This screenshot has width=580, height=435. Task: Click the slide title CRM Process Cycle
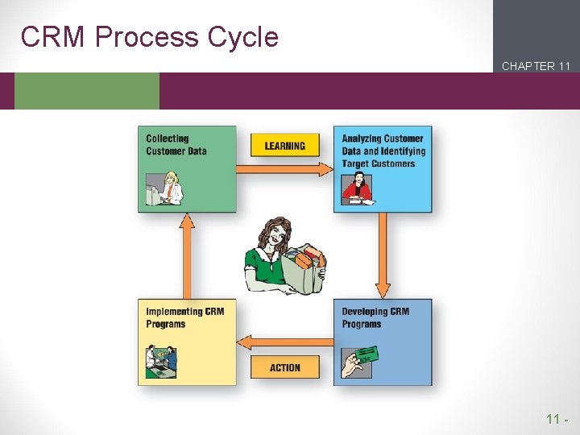150,37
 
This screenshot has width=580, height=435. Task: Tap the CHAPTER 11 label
536,66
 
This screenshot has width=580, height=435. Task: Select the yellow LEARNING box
285,145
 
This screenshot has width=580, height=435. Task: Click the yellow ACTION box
285,367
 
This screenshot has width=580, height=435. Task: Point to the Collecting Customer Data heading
176,145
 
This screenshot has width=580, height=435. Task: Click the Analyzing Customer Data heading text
383,151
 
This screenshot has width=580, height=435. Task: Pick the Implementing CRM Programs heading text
184,317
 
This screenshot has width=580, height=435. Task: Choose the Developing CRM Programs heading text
375,317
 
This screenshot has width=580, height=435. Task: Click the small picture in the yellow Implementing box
161,361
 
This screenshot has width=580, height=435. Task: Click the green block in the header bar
87,91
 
